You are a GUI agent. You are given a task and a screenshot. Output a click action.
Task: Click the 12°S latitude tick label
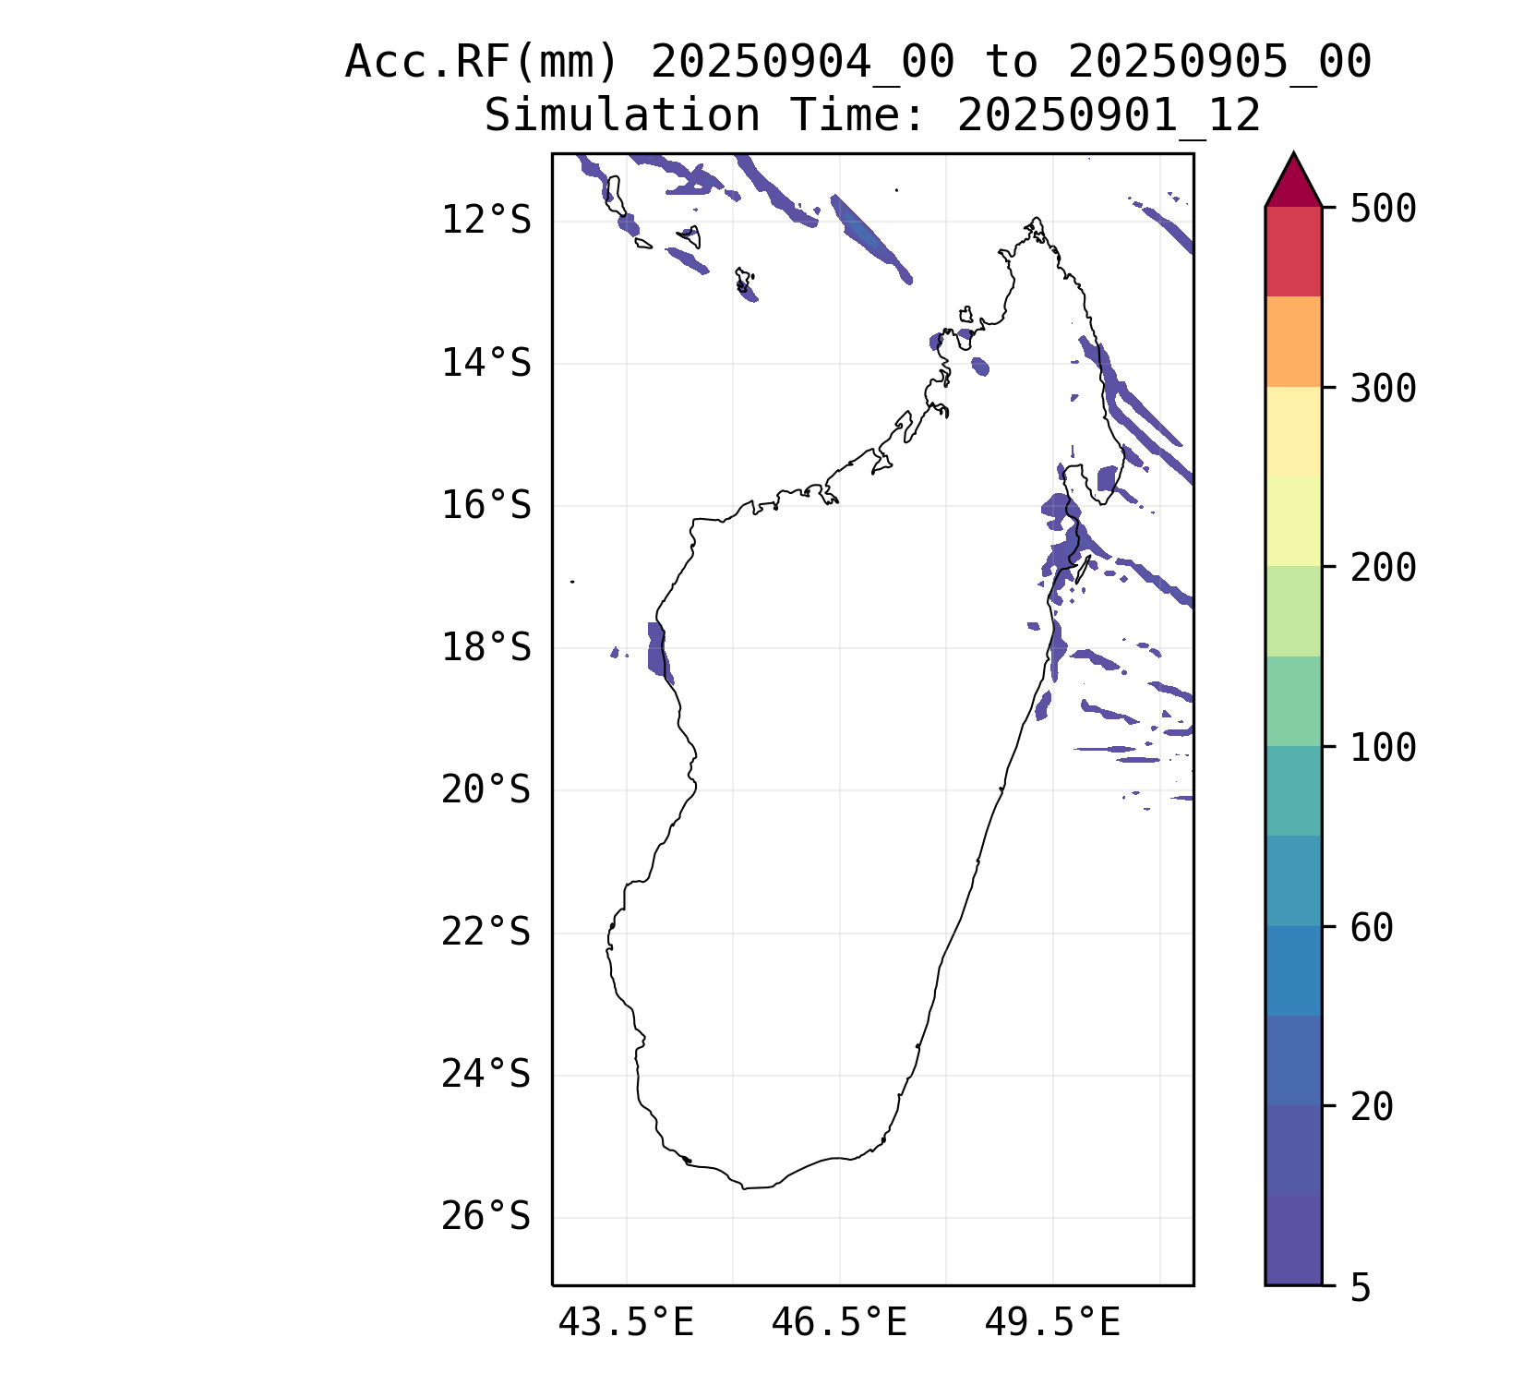click(486, 221)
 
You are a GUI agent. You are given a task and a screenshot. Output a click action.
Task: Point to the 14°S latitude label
click(486, 364)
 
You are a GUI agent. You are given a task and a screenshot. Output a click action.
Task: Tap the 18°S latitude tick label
click(486, 648)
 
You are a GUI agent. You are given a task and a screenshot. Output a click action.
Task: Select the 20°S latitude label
click(486, 790)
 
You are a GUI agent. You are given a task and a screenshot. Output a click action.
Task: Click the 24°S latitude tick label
click(486, 1075)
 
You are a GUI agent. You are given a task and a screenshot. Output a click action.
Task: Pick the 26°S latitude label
click(486, 1217)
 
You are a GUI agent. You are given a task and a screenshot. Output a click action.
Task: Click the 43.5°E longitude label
click(626, 1323)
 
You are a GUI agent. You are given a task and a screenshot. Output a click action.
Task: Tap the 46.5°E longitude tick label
click(839, 1323)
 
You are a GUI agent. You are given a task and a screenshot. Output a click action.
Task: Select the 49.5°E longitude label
click(1052, 1323)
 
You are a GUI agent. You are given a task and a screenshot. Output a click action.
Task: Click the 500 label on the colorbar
click(1383, 209)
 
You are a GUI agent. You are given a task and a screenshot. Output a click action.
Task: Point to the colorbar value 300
click(1383, 389)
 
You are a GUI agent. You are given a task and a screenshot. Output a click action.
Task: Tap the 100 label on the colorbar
click(1383, 748)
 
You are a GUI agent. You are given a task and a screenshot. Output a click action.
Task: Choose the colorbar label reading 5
click(1361, 1288)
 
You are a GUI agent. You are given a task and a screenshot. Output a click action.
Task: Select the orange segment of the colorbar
click(1293, 342)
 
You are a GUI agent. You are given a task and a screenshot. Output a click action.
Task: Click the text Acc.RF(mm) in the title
click(481, 63)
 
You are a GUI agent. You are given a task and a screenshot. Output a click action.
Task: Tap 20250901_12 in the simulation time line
click(1109, 116)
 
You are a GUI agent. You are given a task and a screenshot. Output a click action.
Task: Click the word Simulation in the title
click(622, 116)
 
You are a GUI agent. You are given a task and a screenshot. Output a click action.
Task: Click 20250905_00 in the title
click(1219, 63)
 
